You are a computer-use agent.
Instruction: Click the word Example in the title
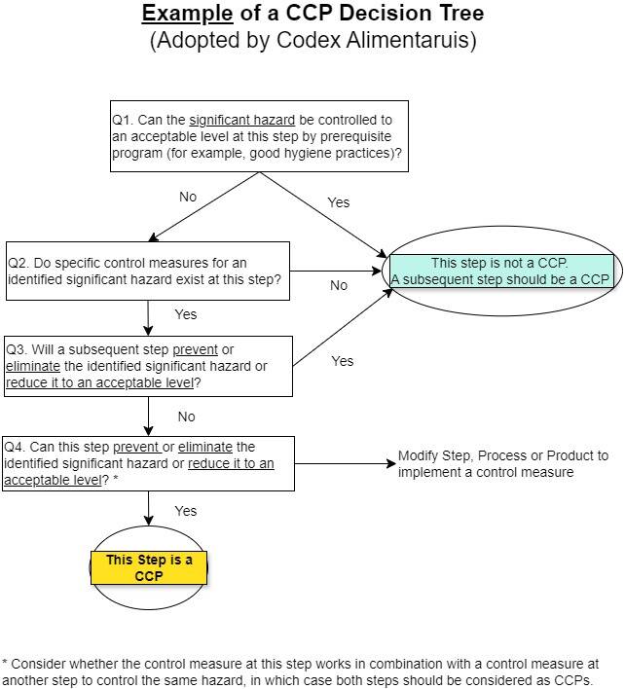pos(187,14)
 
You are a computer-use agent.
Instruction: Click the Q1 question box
pos(259,136)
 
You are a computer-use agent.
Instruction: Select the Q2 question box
pos(148,271)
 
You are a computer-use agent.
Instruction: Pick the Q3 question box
pos(148,366)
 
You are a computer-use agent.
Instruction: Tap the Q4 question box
pos(148,463)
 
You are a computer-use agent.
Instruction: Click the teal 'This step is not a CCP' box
pos(500,271)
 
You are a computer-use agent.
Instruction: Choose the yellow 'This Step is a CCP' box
pos(149,567)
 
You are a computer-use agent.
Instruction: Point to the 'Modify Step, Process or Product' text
pos(502,464)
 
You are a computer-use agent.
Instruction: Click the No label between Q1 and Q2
pos(188,197)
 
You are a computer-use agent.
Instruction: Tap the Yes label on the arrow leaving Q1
pos(338,202)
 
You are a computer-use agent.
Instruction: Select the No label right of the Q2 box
pos(339,285)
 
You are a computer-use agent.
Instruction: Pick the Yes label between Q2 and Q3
pos(185,314)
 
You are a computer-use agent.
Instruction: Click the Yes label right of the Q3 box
pos(342,361)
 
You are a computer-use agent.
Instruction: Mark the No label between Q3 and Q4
pos(186,417)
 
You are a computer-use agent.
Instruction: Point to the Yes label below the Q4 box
pos(185,511)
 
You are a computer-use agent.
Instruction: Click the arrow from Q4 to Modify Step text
pos(345,464)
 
